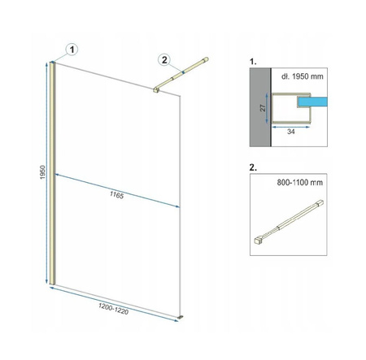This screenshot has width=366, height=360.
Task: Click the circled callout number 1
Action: tap(72, 50)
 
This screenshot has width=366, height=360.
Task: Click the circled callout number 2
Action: tap(164, 59)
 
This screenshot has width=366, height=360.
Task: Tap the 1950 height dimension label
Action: tap(42, 172)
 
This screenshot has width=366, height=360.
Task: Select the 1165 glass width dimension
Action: tap(117, 195)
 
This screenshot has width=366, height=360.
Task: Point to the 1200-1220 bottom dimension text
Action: tap(113, 309)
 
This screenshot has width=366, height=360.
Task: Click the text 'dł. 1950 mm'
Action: tap(303, 76)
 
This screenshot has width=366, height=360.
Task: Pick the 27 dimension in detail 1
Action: tap(263, 108)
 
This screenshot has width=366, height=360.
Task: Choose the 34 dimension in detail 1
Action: tap(291, 132)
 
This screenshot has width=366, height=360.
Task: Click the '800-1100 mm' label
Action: tap(300, 182)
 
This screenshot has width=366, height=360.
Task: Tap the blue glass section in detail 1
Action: tap(312, 102)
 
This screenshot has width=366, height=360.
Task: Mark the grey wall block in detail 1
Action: tap(260, 107)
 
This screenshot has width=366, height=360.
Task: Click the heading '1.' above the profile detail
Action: tap(253, 62)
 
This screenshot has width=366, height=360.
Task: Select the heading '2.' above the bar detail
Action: tap(253, 167)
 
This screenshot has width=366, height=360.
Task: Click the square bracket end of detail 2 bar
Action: tap(258, 241)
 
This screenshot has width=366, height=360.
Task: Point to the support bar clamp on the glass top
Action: tap(156, 90)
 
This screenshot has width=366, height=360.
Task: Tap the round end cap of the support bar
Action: tap(207, 59)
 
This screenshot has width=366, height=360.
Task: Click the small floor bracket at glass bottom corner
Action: tap(180, 317)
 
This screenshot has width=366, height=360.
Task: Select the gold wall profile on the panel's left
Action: tap(52, 173)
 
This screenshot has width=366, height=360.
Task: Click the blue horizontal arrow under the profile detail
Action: tap(291, 127)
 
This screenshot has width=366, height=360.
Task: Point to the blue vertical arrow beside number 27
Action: tap(267, 108)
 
